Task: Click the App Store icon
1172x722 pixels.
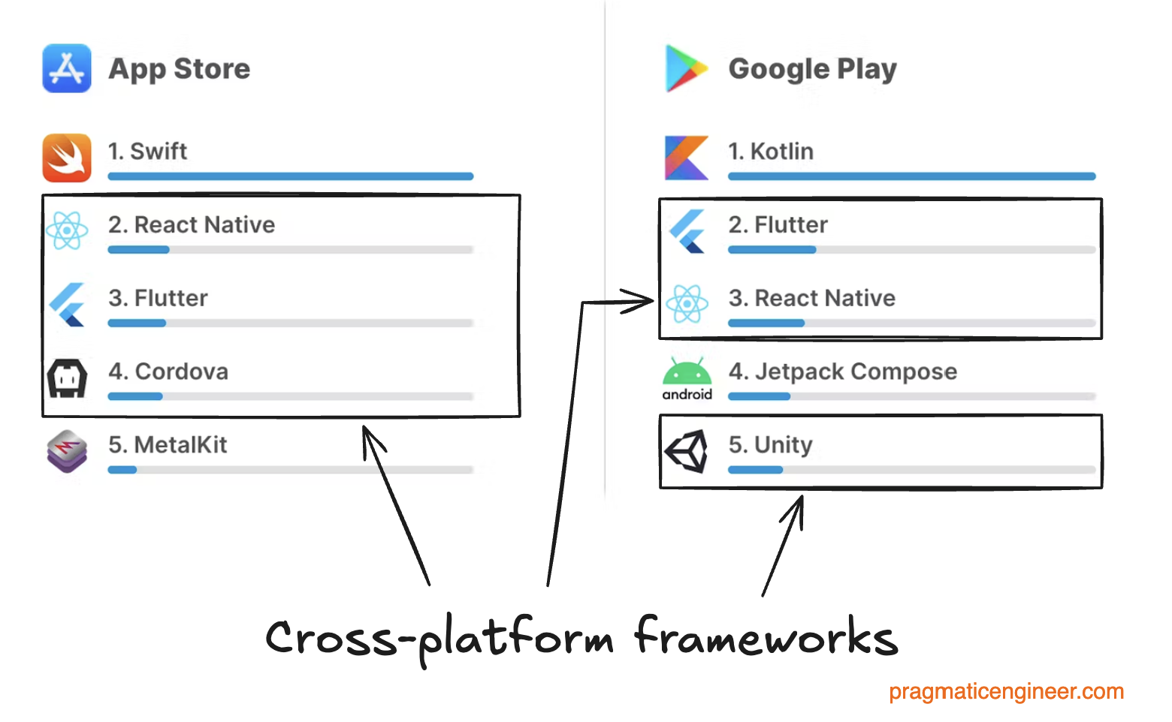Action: click(67, 68)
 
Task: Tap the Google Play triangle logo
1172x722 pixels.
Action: click(685, 68)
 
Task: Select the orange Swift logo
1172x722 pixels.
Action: click(67, 158)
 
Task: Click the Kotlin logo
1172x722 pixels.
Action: click(686, 158)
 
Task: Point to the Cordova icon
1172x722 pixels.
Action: click(67, 378)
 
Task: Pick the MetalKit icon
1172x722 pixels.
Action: click(67, 451)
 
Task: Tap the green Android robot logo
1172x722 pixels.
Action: click(687, 373)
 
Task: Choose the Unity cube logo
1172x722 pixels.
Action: click(686, 451)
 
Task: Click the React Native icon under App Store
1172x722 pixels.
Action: click(67, 230)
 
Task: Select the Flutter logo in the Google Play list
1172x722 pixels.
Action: click(686, 230)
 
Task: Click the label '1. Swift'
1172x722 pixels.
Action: click(147, 151)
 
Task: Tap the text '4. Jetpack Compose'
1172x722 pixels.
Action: click(842, 372)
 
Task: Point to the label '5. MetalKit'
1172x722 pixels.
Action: click(168, 444)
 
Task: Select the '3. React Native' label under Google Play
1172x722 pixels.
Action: click(811, 298)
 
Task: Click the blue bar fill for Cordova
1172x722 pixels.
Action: click(135, 396)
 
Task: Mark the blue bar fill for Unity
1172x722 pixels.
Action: click(755, 470)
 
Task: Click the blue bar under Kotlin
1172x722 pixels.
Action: click(911, 176)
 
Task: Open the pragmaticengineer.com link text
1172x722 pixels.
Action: click(1006, 691)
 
